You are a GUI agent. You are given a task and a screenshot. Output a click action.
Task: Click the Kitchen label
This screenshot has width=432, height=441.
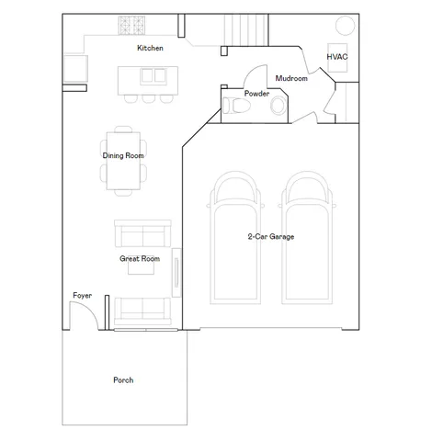click(150, 48)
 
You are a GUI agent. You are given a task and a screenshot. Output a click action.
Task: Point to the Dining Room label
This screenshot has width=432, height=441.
click(123, 155)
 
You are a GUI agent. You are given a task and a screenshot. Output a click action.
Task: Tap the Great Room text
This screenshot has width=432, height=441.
click(140, 259)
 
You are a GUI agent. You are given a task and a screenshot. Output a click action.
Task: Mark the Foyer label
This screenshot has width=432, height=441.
click(83, 295)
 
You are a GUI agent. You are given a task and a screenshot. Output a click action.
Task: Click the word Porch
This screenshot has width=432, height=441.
click(123, 379)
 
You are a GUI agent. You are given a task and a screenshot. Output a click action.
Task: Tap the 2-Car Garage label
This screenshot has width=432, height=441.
click(270, 237)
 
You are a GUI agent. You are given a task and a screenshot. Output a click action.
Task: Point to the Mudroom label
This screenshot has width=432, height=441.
click(290, 79)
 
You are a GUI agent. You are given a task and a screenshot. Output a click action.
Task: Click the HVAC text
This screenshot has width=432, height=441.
click(336, 57)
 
